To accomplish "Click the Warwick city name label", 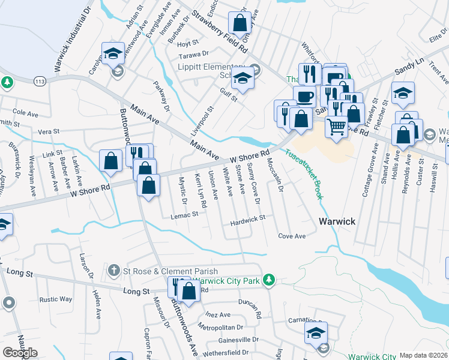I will pos(337,221).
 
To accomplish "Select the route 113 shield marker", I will pos(40,80).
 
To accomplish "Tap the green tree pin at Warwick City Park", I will pos(270,279).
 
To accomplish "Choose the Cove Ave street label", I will pos(292,236).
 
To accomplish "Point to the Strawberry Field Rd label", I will pos(220,29).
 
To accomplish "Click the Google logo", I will pos(20,353).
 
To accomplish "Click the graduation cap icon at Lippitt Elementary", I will pos(243,79).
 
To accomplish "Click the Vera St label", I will pos(49,131).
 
